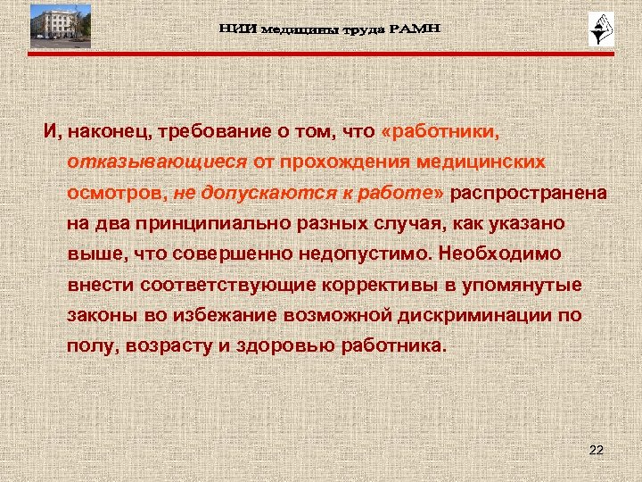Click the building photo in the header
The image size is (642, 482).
[60, 25]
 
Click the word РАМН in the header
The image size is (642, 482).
[412, 29]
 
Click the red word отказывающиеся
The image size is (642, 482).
[158, 162]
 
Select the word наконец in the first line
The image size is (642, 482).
[104, 132]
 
